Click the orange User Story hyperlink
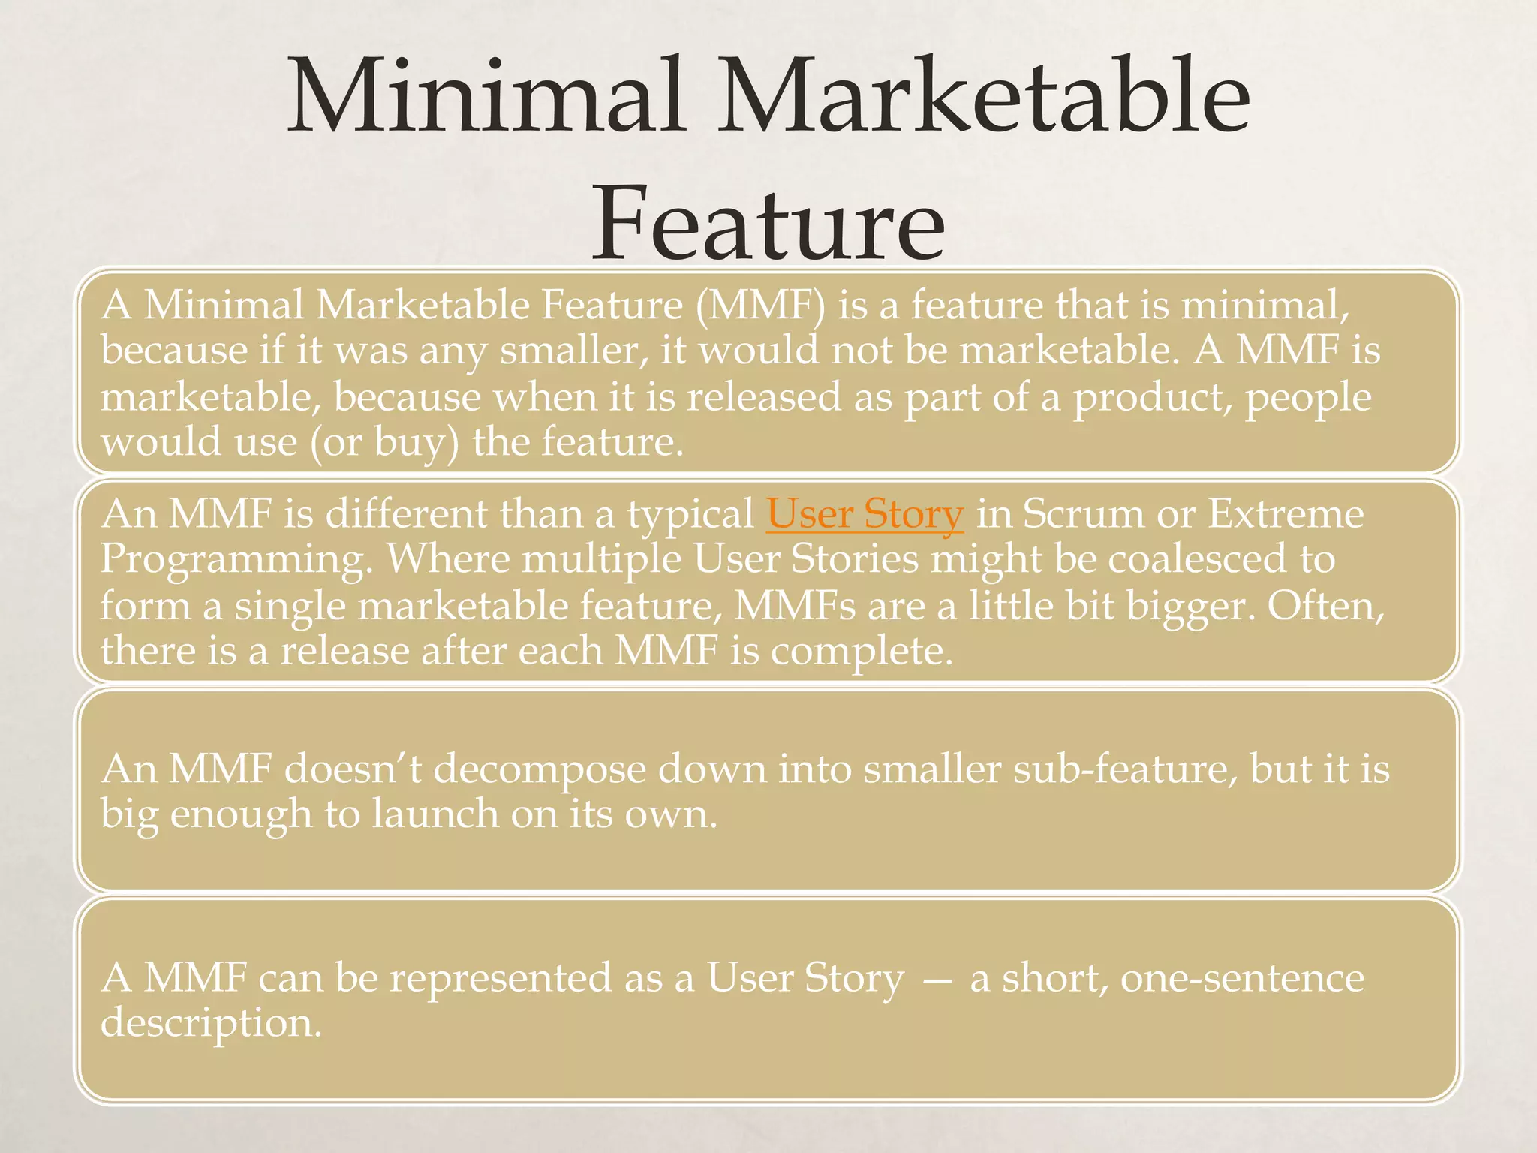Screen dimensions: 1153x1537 (865, 514)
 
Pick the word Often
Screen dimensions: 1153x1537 (1325, 605)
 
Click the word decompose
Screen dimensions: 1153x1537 (540, 770)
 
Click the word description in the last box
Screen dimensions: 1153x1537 (211, 1024)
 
